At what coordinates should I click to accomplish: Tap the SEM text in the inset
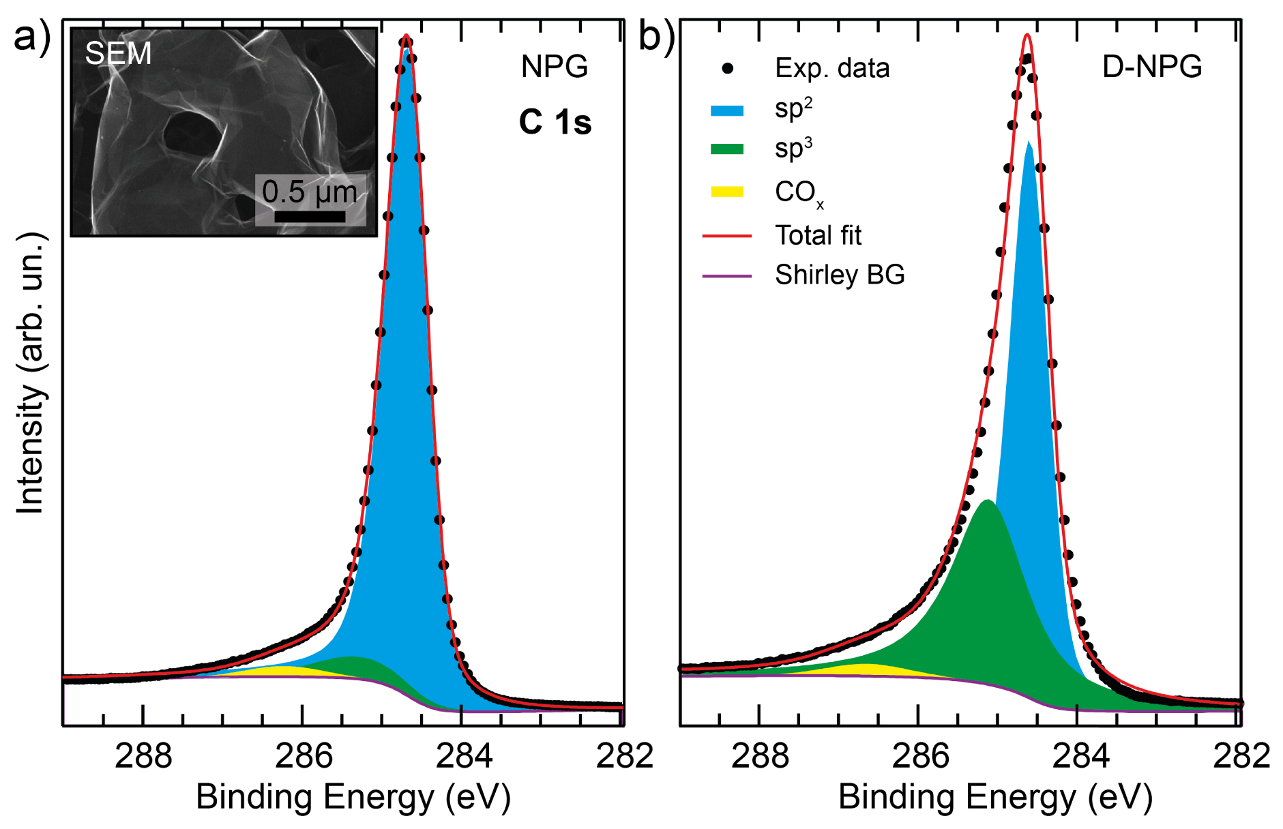pyautogui.click(x=118, y=54)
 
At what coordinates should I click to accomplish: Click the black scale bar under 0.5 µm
pyautogui.click(x=310, y=217)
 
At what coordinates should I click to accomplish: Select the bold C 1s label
pyautogui.click(x=555, y=123)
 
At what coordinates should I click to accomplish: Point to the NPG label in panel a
pyautogui.click(x=554, y=67)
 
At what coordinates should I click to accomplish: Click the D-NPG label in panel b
pyautogui.click(x=1151, y=67)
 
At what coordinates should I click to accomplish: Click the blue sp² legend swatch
pyautogui.click(x=726, y=110)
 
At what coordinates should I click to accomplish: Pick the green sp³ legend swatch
pyautogui.click(x=726, y=149)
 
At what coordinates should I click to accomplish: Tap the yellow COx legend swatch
pyautogui.click(x=726, y=192)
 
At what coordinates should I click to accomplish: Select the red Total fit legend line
pyautogui.click(x=726, y=236)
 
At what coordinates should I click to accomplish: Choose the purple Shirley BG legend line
pyautogui.click(x=726, y=276)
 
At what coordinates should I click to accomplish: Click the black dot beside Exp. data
pyautogui.click(x=728, y=68)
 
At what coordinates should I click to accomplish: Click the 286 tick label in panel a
pyautogui.click(x=303, y=756)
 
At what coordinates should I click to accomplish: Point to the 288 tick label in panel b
pyautogui.click(x=759, y=756)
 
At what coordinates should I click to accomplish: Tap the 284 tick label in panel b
pyautogui.click(x=1080, y=756)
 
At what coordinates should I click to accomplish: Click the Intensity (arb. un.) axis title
pyautogui.click(x=31, y=372)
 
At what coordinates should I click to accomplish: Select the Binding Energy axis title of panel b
pyautogui.click(x=994, y=796)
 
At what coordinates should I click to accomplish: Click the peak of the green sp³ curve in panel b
pyautogui.click(x=987, y=502)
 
